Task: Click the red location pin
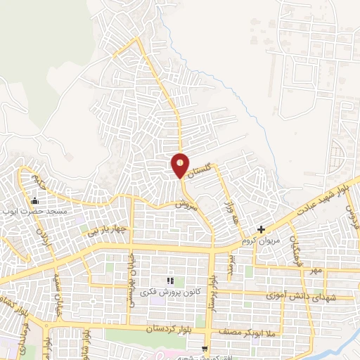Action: pos(181,165)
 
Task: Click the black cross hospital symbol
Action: pos(262,229)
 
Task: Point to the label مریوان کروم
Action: pos(261,240)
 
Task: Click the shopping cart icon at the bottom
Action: pos(205,349)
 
